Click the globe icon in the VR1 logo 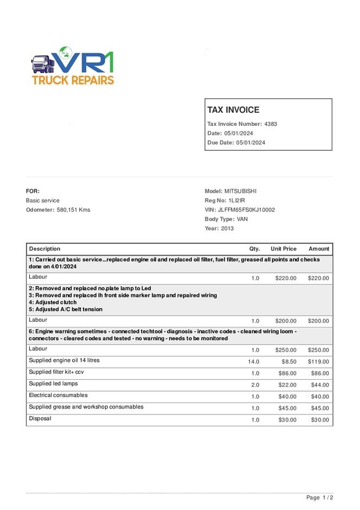coord(66,53)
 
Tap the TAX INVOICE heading coord(233,110)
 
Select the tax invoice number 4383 coord(271,124)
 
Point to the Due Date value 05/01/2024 coord(251,143)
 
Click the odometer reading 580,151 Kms coord(74,210)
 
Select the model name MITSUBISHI coord(240,191)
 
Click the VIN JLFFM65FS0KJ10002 coord(246,210)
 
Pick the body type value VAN coord(243,219)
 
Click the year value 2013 coord(227,228)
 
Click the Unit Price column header coord(284,249)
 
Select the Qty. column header coord(254,249)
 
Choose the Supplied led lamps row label coord(53,384)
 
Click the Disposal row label coord(40,418)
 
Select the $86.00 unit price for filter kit coord(286,373)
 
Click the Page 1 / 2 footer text coord(319,498)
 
